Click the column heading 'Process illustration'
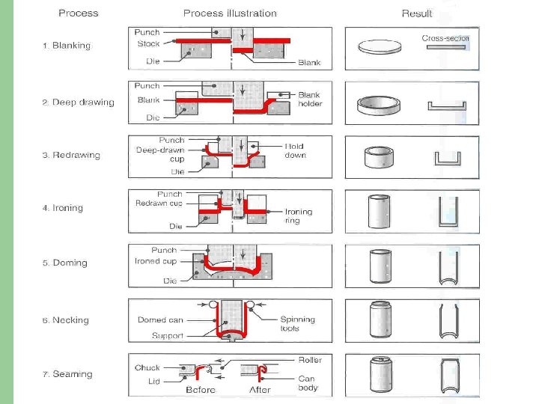click(x=230, y=13)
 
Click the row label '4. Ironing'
click(x=62, y=208)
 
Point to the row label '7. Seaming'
click(x=67, y=374)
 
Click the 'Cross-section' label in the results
click(x=445, y=38)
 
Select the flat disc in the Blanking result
click(x=380, y=47)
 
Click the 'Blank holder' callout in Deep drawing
click(x=310, y=100)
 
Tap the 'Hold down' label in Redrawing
click(x=295, y=150)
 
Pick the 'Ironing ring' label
click(x=298, y=216)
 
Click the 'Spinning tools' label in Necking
click(x=298, y=324)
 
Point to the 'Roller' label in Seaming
click(x=310, y=360)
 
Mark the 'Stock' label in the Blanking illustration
click(x=148, y=44)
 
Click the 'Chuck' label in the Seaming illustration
click(x=147, y=368)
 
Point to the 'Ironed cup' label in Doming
click(x=156, y=261)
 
